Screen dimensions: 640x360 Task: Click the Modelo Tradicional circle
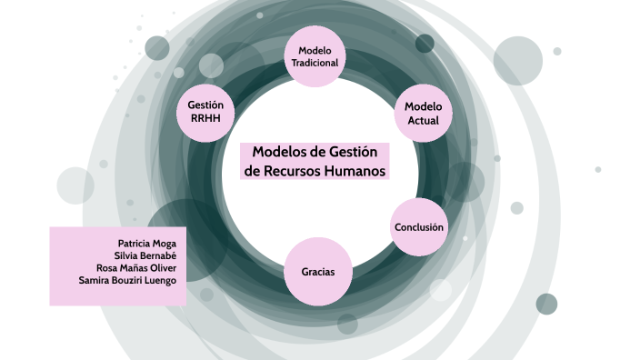coord(315,56)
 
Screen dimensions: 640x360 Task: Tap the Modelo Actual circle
coord(424,113)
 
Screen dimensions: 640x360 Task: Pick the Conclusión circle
coord(419,226)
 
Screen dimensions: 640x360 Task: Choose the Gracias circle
coord(318,272)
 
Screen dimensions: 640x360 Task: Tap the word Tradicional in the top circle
coord(315,64)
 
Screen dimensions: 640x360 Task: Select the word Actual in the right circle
coord(424,120)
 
